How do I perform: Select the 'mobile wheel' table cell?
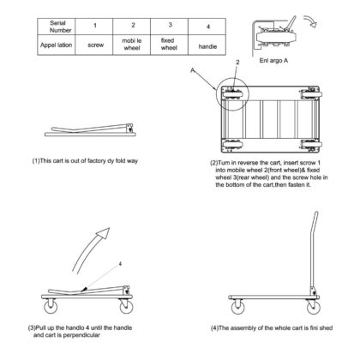tap(132, 45)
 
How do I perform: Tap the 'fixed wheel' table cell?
tap(169, 45)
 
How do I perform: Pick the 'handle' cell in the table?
tap(207, 45)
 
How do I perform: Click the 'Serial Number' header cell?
tap(57, 27)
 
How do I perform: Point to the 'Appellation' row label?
tap(57, 45)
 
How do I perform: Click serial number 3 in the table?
tap(171, 25)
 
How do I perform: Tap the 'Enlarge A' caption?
tap(273, 61)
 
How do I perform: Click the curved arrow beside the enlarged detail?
tap(311, 20)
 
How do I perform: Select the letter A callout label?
tap(193, 69)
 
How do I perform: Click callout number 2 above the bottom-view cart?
tap(237, 63)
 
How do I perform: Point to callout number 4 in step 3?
tap(120, 264)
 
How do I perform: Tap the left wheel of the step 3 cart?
tap(51, 306)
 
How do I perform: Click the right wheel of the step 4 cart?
tap(314, 307)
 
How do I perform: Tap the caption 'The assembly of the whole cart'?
tap(260, 328)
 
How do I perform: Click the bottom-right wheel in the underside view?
tap(311, 144)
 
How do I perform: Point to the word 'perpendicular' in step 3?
tap(81, 335)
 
